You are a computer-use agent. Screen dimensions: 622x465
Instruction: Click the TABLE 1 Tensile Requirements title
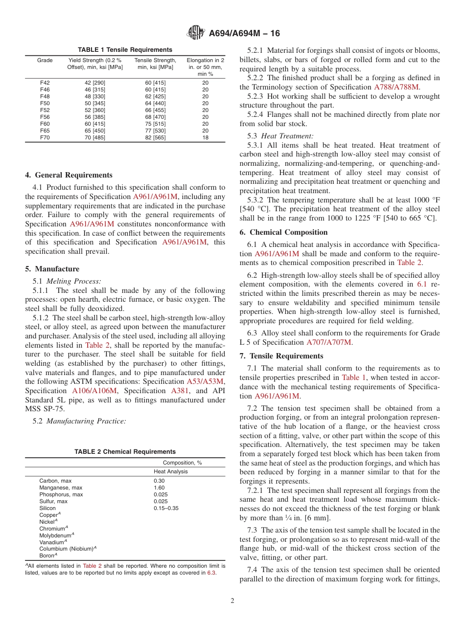(125, 50)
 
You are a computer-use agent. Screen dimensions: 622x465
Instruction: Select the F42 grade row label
(45, 83)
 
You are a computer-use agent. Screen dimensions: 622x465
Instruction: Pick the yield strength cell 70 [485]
(95, 138)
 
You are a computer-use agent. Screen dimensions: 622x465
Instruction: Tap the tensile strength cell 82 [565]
(155, 138)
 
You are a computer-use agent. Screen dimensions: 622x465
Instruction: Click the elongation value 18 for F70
(205, 138)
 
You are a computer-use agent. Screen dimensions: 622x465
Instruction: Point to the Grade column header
(45, 61)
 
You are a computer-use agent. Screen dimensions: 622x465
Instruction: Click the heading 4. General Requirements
(69, 175)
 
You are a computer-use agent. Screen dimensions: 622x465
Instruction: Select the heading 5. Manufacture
(52, 269)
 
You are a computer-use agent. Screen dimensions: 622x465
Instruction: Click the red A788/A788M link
(396, 87)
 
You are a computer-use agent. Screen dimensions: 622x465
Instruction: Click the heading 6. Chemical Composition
(283, 232)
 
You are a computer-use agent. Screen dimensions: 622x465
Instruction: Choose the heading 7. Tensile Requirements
(281, 356)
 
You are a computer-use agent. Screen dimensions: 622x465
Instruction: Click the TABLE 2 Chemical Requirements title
(125, 452)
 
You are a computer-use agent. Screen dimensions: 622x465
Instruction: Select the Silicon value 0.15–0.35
(166, 508)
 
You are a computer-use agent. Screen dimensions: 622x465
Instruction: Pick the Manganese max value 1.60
(159, 488)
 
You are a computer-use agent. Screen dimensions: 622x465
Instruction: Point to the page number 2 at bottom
(232, 601)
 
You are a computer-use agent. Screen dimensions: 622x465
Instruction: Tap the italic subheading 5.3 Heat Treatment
(280, 136)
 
